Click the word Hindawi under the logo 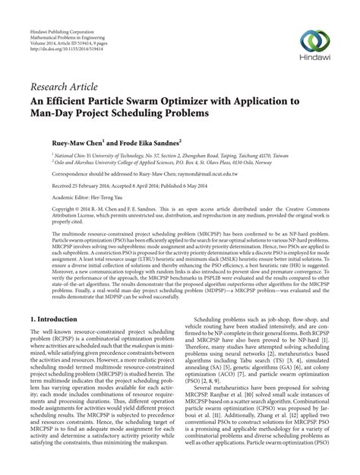[311, 62]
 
